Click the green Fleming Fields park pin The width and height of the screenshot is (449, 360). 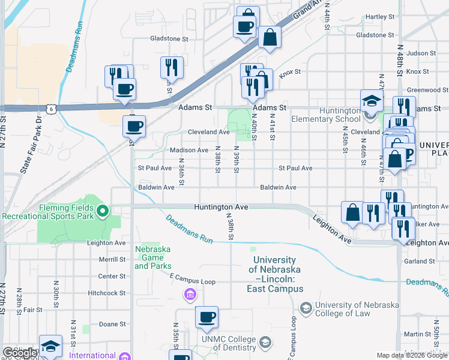point(103,210)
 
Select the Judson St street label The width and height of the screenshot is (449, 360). point(420,53)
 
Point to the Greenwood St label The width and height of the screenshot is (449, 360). point(427,90)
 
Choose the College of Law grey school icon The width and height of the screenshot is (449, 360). point(306,308)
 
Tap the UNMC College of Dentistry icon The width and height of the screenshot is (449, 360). point(265,342)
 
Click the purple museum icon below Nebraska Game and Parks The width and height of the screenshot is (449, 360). point(190,294)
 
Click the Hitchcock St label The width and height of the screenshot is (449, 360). point(106,293)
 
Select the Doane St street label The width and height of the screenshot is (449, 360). point(112,324)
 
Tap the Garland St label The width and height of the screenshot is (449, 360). point(419,262)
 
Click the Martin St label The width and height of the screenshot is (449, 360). point(414,334)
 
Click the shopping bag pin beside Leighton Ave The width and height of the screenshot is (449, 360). point(352,212)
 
